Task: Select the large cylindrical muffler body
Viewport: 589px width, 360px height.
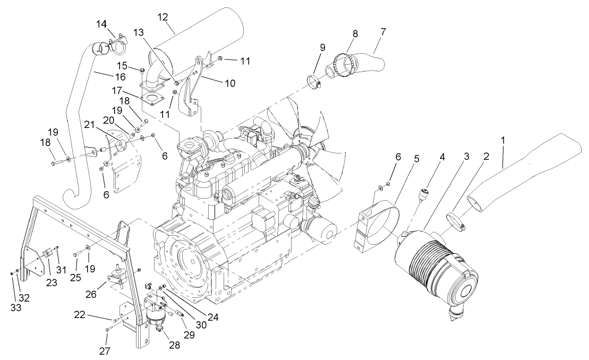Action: click(202, 40)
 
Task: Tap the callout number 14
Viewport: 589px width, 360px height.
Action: click(102, 24)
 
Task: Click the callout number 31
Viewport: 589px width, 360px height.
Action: click(61, 269)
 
